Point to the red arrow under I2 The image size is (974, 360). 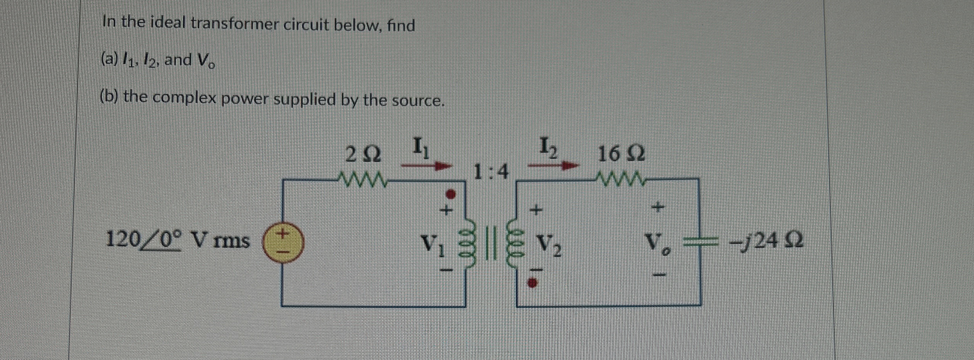click(553, 166)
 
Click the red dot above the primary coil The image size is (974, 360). click(452, 194)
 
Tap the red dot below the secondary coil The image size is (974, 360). click(533, 282)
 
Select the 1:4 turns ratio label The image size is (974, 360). click(491, 172)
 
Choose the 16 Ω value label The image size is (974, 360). click(621, 154)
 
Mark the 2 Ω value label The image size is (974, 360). click(363, 154)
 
